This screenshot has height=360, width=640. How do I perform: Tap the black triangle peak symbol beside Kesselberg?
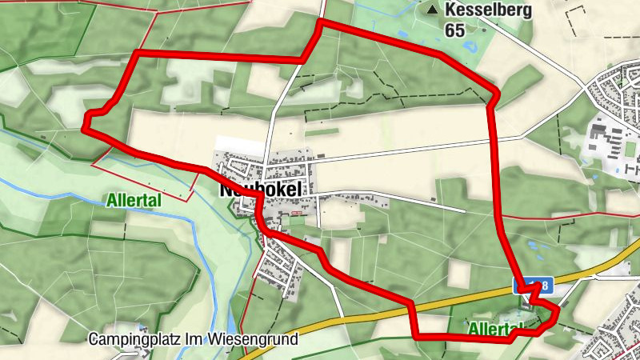tap(434, 10)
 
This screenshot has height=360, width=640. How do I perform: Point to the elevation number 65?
tap(455, 30)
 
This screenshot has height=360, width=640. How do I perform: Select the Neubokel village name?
tap(257, 190)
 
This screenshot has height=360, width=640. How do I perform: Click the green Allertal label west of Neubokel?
tap(134, 200)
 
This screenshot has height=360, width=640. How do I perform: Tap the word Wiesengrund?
tap(254, 339)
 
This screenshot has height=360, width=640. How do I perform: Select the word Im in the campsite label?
tap(194, 339)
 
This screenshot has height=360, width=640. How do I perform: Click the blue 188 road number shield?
tap(533, 286)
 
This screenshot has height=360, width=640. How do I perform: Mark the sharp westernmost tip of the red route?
tap(86, 126)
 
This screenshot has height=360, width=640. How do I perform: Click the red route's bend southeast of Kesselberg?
tap(495, 94)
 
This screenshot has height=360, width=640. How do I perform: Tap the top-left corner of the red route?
tap(136, 54)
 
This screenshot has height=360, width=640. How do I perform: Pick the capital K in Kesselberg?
tap(450, 11)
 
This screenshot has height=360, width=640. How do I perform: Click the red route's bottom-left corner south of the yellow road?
tap(416, 336)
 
